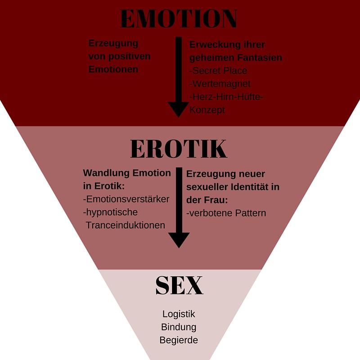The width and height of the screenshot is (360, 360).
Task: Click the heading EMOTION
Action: [179, 18]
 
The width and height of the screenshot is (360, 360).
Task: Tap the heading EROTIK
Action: [179, 149]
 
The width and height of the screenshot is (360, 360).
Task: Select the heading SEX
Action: [179, 285]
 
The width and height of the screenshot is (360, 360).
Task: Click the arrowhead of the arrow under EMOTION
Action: [179, 109]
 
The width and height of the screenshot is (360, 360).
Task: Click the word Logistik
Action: [179, 314]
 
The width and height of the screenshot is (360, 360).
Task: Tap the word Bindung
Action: [179, 327]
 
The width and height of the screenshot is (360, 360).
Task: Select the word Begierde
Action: [179, 340]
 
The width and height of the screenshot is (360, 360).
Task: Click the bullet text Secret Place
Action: [219, 71]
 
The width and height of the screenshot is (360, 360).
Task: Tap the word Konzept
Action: [207, 110]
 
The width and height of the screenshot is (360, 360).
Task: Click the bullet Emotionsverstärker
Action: [126, 199]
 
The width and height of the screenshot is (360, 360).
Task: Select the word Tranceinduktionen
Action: [126, 225]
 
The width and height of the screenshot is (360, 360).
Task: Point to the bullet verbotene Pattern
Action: [226, 213]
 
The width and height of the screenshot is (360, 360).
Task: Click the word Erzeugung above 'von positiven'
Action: [113, 44]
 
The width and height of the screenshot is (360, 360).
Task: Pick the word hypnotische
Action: [111, 212]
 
